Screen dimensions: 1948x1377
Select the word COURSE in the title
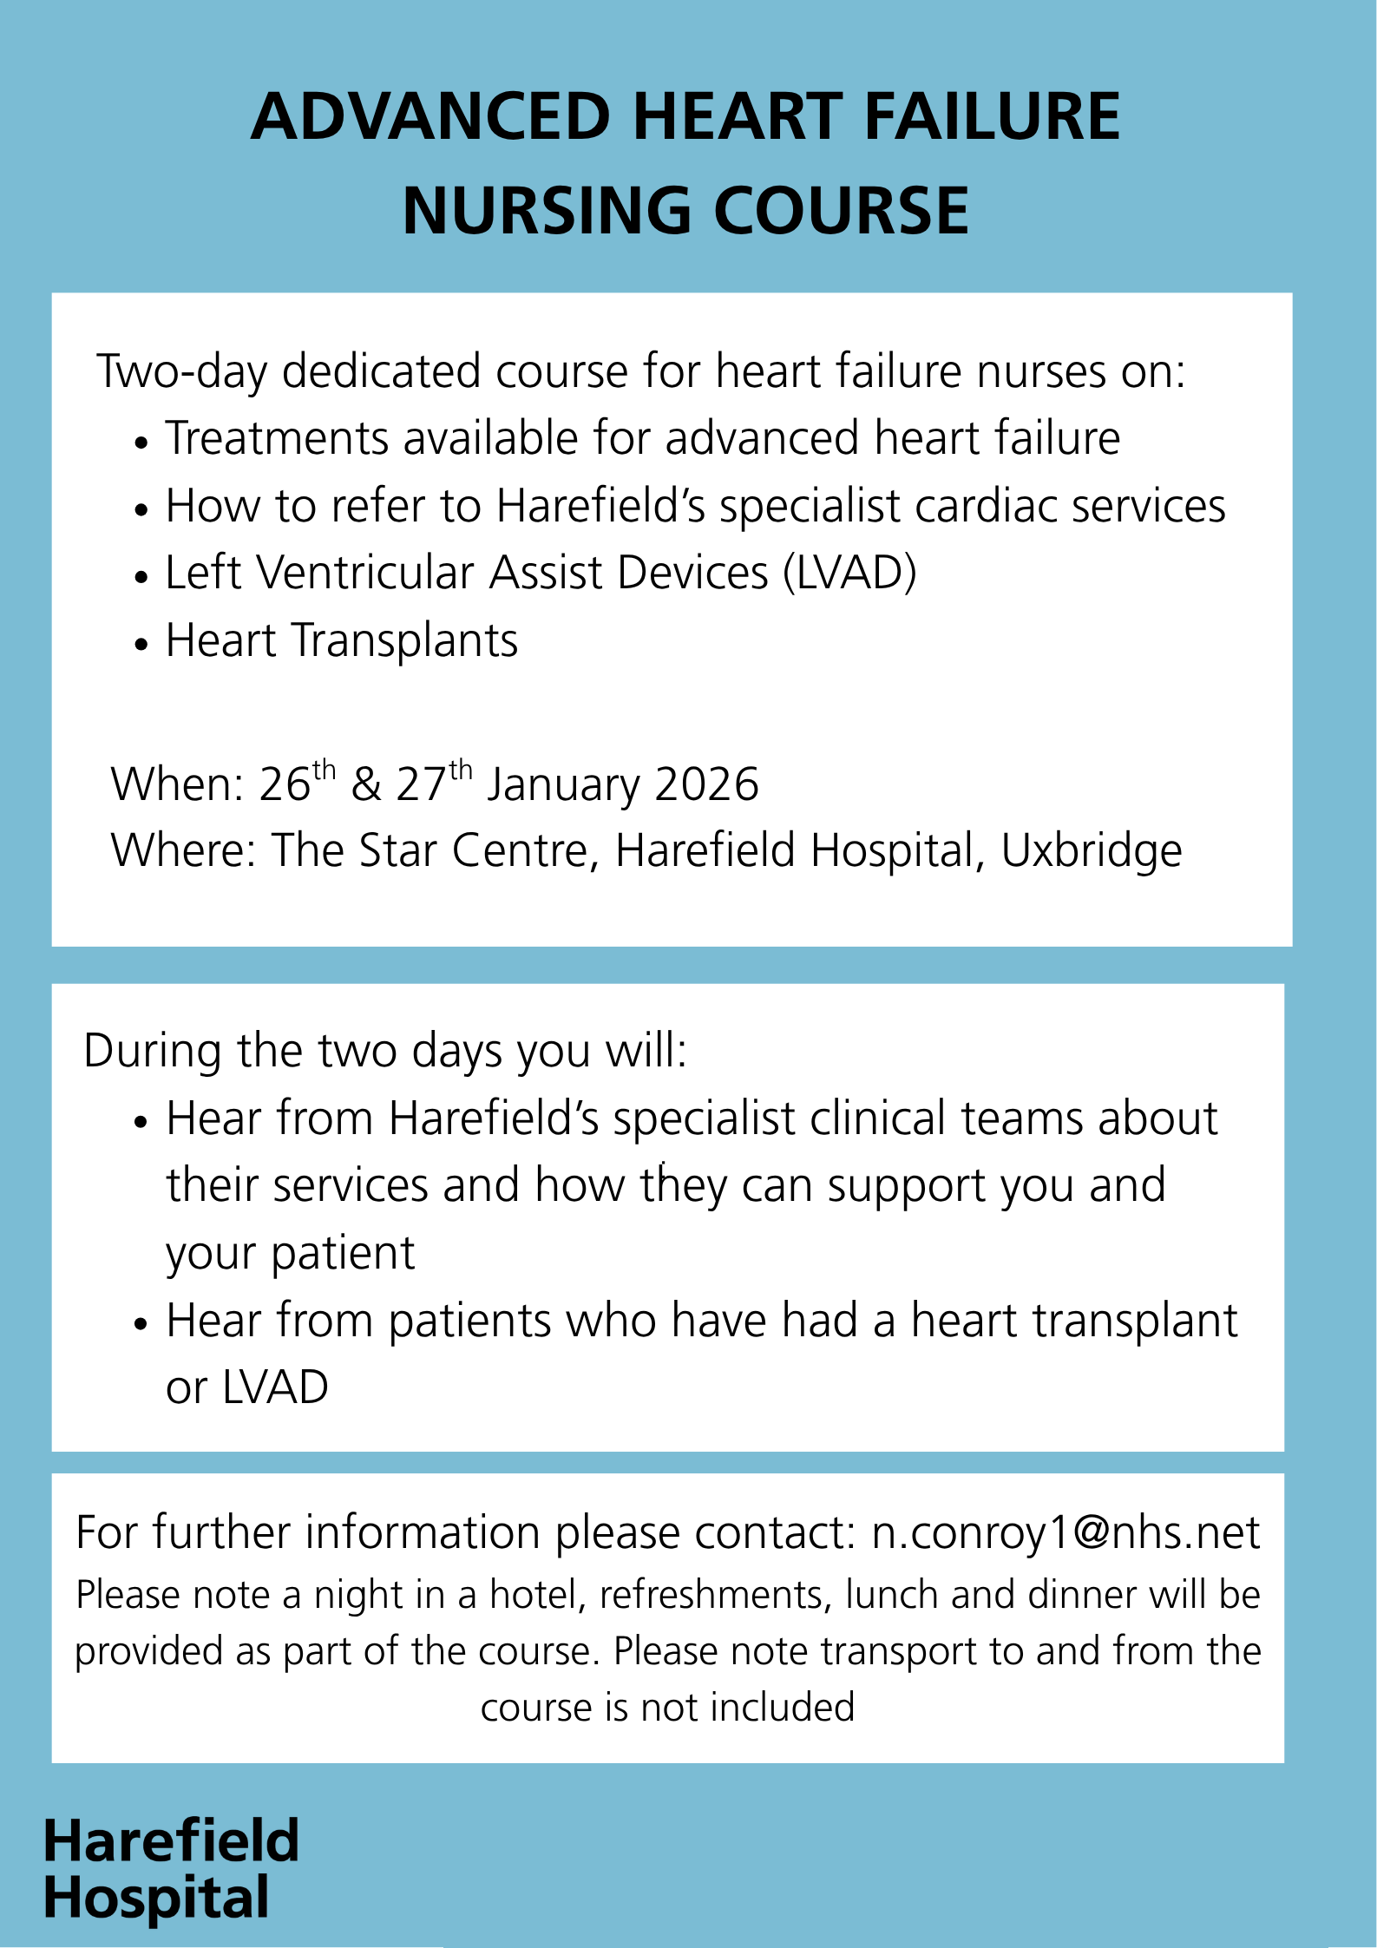tap(841, 212)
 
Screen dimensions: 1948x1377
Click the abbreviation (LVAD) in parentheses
tap(849, 574)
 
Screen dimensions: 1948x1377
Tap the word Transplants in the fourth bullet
tap(404, 641)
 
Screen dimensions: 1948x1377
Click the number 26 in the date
tap(285, 784)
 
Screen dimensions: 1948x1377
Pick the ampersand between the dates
tap(366, 784)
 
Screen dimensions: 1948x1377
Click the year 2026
tap(706, 784)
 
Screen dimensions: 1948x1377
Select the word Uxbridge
tap(1091, 851)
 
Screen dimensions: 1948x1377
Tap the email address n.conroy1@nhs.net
tap(1066, 1533)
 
